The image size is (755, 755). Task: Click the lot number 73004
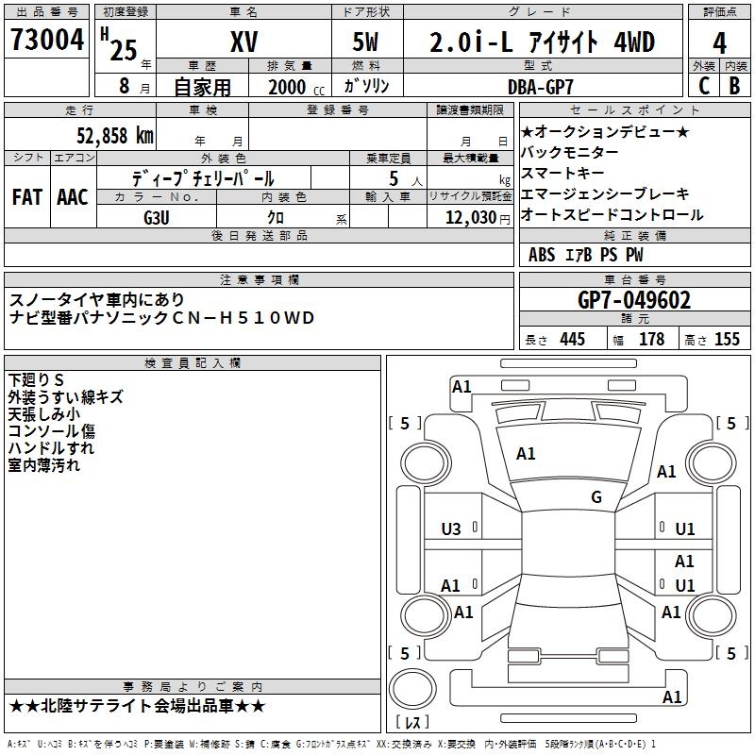coord(47,42)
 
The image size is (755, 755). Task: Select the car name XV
coord(243,42)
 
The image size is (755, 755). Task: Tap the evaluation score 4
coord(720,42)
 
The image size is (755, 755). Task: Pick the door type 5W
coord(366,42)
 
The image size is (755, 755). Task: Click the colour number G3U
coord(158,216)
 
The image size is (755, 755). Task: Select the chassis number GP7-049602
coord(633,300)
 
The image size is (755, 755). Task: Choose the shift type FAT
coord(27,197)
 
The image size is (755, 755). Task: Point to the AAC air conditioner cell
coord(73,197)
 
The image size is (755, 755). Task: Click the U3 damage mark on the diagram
coord(451,529)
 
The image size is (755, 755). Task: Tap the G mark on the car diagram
coord(596,497)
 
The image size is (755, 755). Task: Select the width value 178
coord(652,340)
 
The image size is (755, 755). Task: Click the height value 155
coord(727,340)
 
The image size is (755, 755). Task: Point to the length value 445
coord(571,340)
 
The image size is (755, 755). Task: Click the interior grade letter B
coord(735,86)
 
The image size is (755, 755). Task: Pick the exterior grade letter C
coord(703,86)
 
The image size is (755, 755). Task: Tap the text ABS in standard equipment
coord(542,255)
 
